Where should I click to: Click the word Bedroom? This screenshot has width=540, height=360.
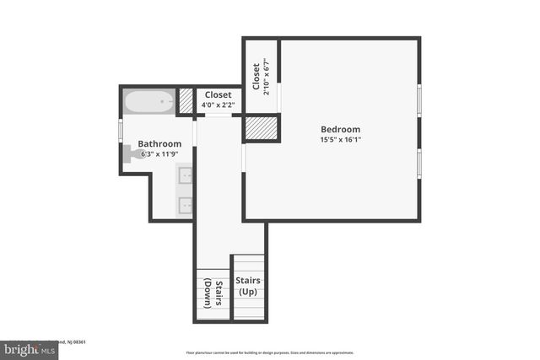340,129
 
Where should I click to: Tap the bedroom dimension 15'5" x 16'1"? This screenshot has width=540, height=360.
340,140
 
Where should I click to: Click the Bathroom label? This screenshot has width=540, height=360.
159,144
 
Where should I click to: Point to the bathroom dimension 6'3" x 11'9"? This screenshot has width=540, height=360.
159,154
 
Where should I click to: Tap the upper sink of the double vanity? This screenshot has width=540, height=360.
185,175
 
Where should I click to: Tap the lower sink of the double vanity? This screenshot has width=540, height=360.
185,205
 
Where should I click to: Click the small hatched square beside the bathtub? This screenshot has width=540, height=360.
186,101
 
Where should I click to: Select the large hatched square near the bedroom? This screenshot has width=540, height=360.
261,129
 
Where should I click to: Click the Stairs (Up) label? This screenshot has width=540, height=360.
248,286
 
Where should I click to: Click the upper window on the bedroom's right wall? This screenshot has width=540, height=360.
418,99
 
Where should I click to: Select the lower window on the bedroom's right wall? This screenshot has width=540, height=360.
418,163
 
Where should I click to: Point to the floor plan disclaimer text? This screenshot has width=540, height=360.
270,352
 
